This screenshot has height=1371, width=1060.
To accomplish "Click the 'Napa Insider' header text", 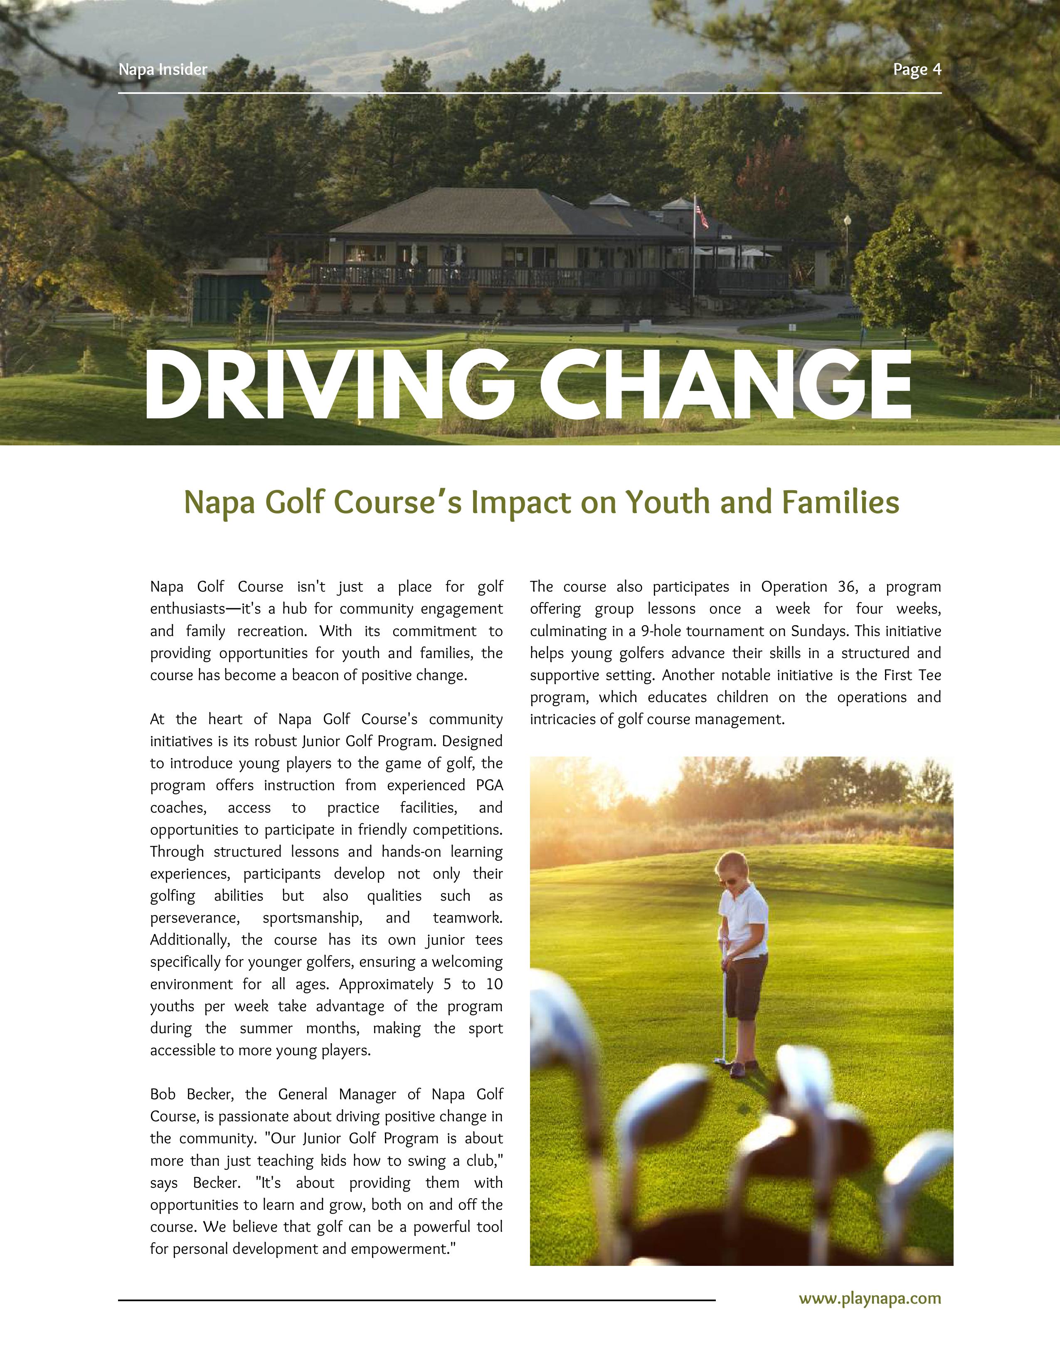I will click(x=163, y=70).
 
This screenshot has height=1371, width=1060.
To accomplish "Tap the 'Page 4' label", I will click(x=917, y=70).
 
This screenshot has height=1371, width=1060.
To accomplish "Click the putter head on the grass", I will click(x=720, y=1061).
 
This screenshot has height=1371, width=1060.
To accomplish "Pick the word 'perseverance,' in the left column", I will click(x=195, y=918).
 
